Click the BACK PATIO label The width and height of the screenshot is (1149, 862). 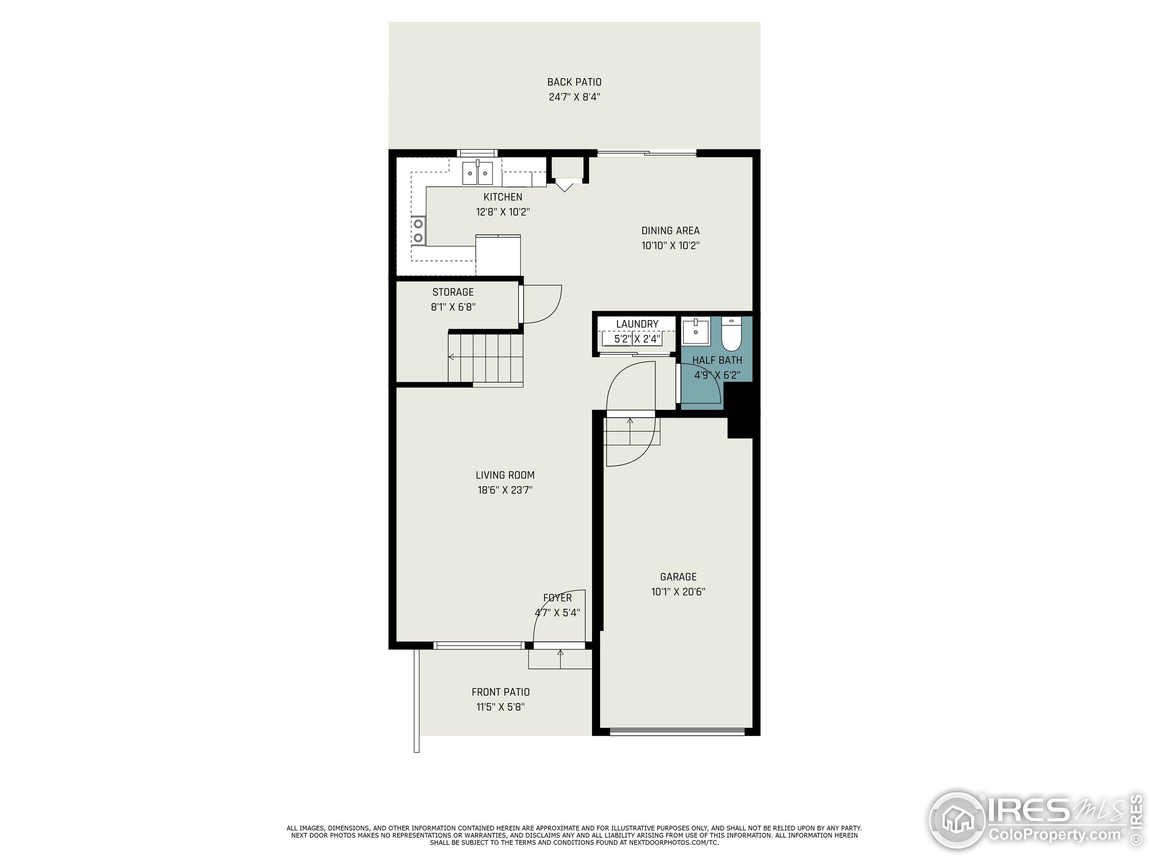[x=574, y=82]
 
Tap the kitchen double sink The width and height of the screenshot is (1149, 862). [x=478, y=173]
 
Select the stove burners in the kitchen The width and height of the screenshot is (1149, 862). [x=417, y=231]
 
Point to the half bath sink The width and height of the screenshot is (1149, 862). [x=696, y=331]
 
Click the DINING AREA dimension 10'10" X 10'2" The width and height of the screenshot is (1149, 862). [x=670, y=245]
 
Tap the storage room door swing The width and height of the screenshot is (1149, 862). [x=542, y=304]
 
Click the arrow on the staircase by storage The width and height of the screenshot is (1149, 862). [x=451, y=357]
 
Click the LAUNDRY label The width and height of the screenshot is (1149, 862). [x=637, y=324]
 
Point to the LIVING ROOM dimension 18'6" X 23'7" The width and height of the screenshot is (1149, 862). [x=505, y=489]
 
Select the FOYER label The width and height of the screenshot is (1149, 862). [x=557, y=598]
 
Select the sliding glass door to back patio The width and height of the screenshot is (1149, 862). [x=646, y=153]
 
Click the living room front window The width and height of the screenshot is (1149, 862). [x=478, y=645]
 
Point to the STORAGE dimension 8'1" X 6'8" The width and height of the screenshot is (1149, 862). [x=453, y=307]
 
